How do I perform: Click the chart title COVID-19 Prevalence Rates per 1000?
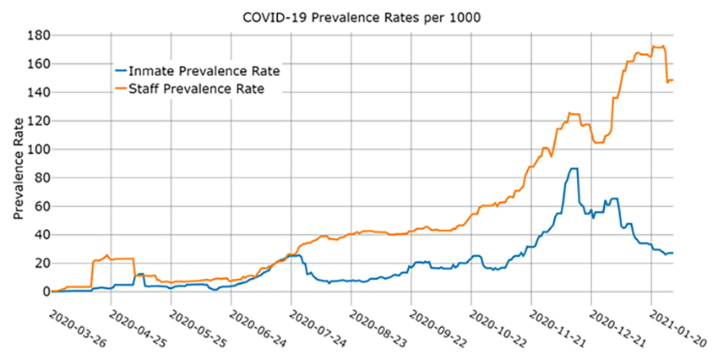[361, 16]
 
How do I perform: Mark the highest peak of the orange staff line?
[663, 46]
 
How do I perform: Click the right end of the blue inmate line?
[672, 253]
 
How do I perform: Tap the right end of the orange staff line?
[672, 80]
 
